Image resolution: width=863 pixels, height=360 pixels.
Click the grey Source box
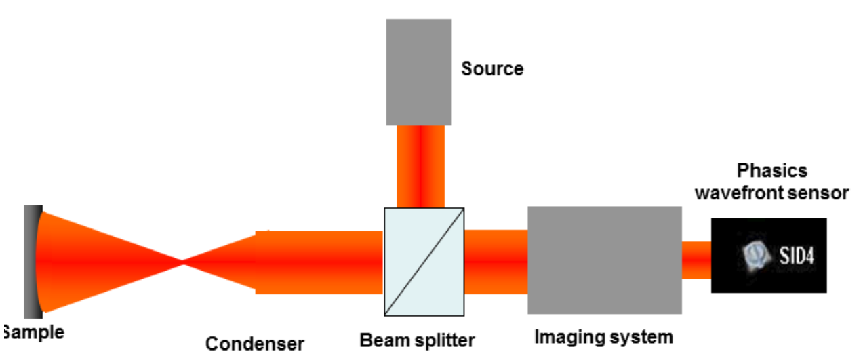(x=418, y=71)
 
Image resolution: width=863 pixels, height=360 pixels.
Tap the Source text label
(x=492, y=68)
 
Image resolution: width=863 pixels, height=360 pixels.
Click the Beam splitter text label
(x=417, y=340)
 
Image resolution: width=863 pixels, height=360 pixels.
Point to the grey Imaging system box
(x=604, y=260)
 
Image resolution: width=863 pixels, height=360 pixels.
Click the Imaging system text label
(x=603, y=336)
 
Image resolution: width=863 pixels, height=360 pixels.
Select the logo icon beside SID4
(x=757, y=255)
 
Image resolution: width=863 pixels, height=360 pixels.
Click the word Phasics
(x=771, y=170)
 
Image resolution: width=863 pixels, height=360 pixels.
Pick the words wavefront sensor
(x=771, y=193)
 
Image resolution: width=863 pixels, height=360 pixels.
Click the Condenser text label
(x=254, y=344)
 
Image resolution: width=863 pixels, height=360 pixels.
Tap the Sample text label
(x=34, y=332)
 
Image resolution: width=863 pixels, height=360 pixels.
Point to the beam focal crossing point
(x=182, y=261)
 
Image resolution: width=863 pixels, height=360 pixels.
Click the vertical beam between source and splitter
(x=420, y=165)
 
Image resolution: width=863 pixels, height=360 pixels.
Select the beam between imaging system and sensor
(x=696, y=260)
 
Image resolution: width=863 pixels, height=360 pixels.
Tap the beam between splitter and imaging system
(x=496, y=261)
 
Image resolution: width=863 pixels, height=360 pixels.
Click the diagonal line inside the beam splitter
(x=424, y=261)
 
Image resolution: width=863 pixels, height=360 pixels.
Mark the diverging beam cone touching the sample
(x=88, y=261)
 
